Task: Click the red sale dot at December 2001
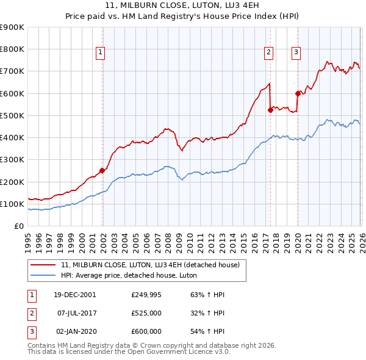(x=102, y=171)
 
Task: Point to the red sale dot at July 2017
(x=270, y=110)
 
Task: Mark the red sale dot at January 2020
(x=298, y=93)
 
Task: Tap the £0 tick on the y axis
(x=18, y=226)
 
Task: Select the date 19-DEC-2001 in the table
(x=74, y=295)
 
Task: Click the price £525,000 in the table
(x=146, y=313)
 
